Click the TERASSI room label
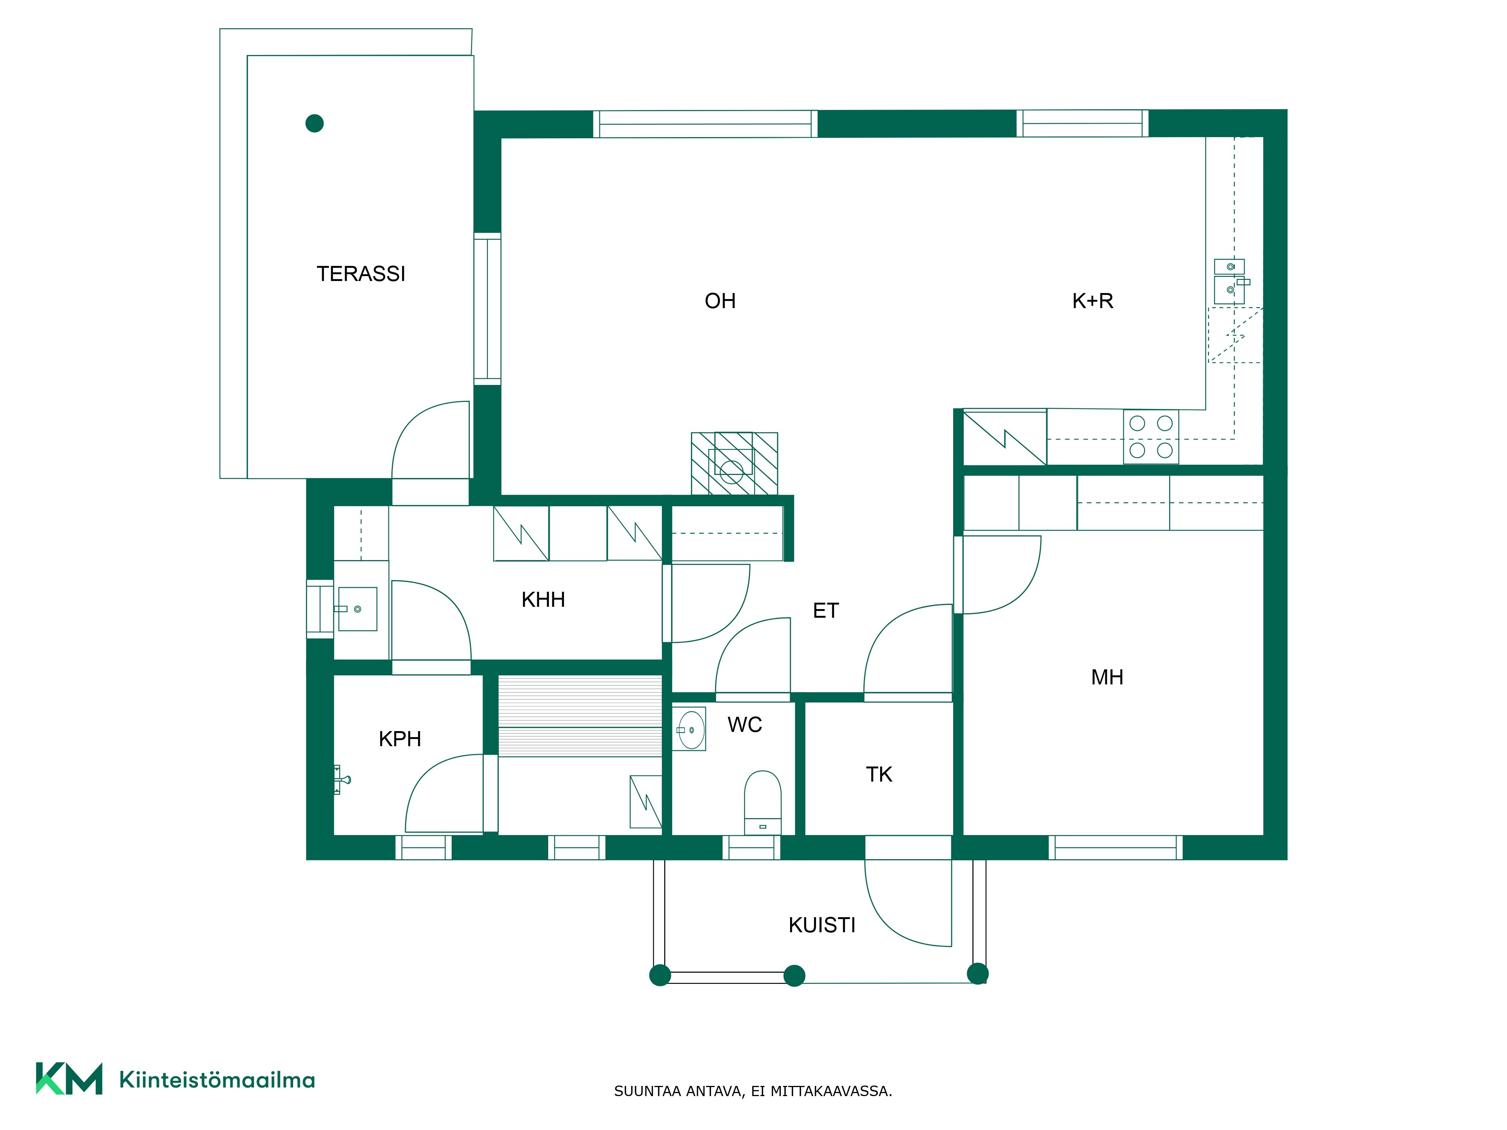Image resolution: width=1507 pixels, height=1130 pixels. coord(361,274)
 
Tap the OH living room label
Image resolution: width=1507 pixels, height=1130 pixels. coord(720,301)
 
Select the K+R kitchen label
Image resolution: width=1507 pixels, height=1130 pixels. coord(1093,301)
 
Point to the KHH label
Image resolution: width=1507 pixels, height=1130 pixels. coord(543,599)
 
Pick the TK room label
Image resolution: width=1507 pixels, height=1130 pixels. coord(879,774)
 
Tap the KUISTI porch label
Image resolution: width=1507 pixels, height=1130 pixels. coord(822,925)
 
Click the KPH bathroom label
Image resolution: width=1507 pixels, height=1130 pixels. coord(400,739)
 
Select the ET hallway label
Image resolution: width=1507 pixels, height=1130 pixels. coord(826,611)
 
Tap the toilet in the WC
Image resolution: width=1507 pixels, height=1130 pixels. coord(763,802)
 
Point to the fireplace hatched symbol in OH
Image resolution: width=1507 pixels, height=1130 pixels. coord(734,464)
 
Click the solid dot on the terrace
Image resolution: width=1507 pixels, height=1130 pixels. coord(315,123)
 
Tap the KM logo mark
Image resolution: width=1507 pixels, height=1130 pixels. coord(69,1078)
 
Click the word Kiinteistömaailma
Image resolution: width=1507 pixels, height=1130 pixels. coord(217,1080)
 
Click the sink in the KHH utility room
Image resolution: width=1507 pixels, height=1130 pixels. coord(357,609)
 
